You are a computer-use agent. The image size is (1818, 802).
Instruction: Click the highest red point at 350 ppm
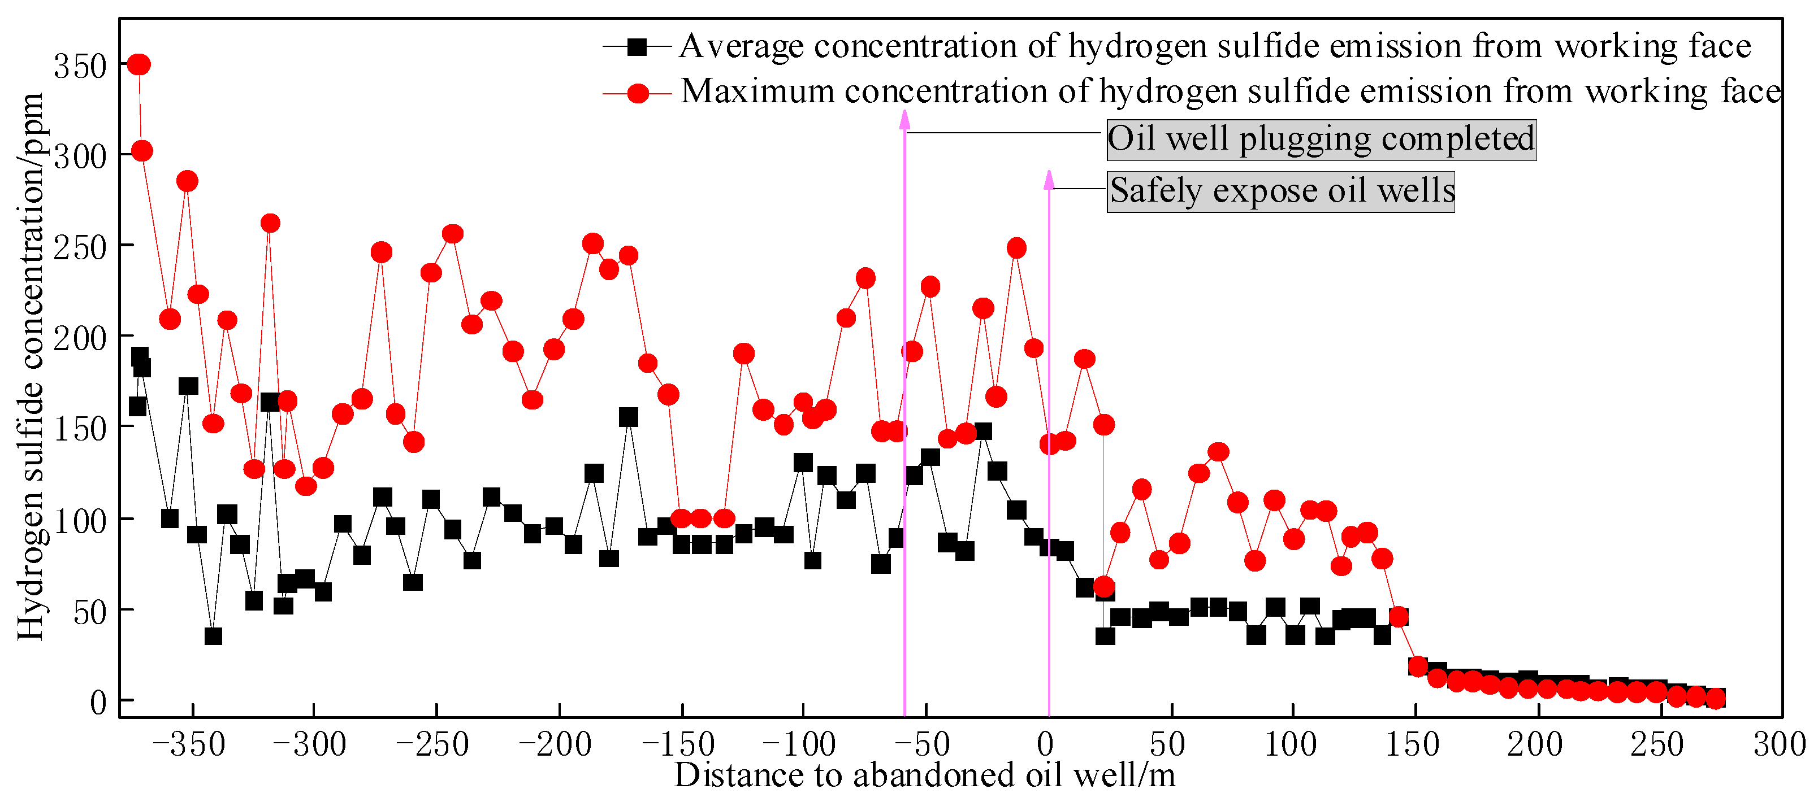(139, 65)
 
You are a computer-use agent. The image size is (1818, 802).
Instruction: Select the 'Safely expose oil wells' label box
(1280, 191)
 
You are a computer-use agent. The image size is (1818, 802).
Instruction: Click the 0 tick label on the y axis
(98, 703)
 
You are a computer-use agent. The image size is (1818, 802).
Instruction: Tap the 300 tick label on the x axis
(1779, 745)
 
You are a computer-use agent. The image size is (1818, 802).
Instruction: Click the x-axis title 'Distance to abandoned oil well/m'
(924, 776)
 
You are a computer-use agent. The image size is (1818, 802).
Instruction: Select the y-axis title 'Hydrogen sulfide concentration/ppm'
(31, 367)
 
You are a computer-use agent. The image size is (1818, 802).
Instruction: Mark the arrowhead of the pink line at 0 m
(1049, 180)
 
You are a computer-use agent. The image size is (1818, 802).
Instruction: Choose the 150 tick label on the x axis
(1412, 745)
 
